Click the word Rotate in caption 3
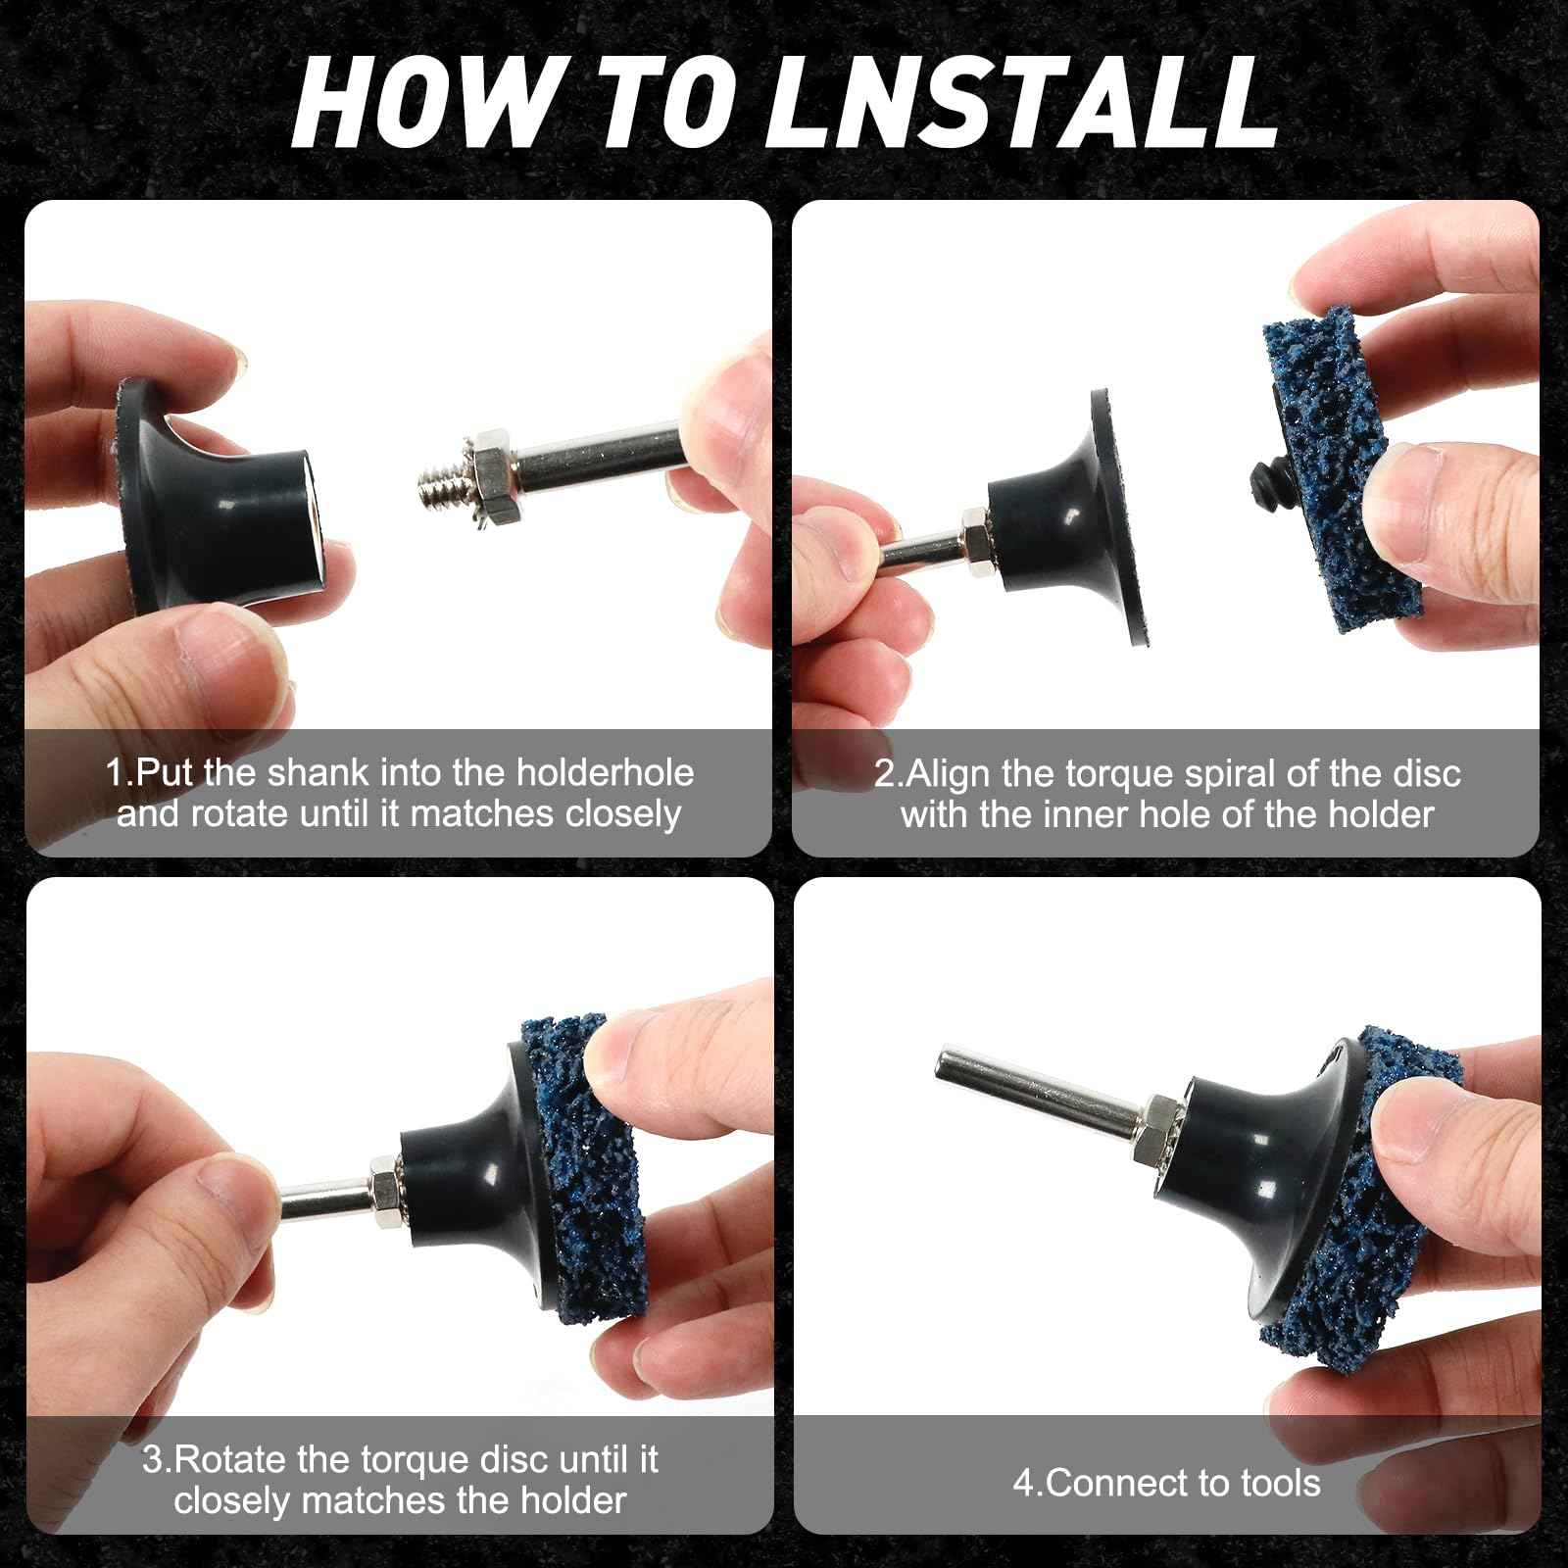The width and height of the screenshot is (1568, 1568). (x=229, y=1459)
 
